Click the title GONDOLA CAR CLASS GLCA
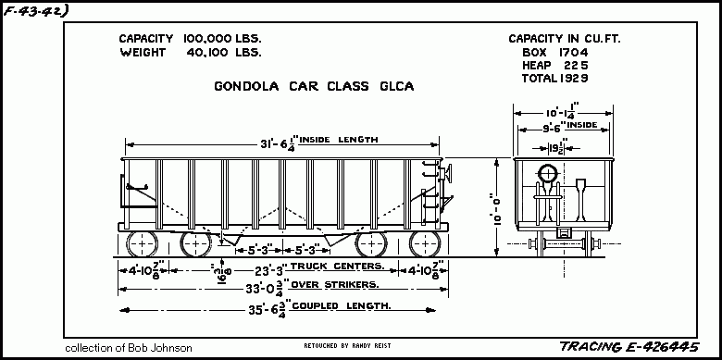(x=313, y=87)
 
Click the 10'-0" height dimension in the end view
(x=497, y=209)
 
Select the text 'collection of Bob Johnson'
(x=129, y=348)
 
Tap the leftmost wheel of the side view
(x=141, y=243)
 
